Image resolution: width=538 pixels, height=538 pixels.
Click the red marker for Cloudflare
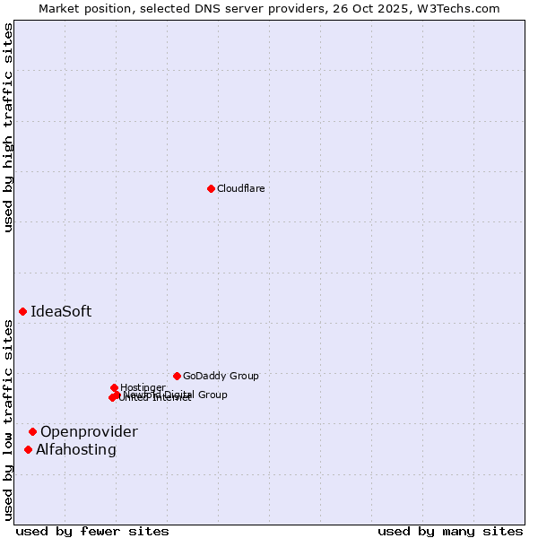coord(211,188)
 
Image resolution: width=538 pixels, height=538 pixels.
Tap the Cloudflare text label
coord(240,188)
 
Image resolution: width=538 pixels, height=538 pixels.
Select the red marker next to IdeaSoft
coord(22,311)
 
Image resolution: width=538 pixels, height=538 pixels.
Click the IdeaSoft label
coord(61,312)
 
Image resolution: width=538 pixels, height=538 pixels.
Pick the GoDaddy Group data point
coord(177,376)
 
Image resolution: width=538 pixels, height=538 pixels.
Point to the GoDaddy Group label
coord(221,376)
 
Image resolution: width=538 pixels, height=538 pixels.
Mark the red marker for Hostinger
coord(114,387)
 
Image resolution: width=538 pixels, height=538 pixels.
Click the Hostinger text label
coord(143,387)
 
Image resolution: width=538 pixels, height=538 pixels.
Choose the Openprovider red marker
coord(32,431)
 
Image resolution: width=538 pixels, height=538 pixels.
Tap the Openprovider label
coord(89,432)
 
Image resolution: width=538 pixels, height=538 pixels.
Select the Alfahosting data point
coord(28,449)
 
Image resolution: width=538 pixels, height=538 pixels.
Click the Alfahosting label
coord(76,450)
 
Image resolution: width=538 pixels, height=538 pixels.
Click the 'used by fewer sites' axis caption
coord(92,531)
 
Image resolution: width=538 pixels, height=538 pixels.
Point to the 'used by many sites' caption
coord(450,531)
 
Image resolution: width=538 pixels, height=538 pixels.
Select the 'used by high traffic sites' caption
coord(9,127)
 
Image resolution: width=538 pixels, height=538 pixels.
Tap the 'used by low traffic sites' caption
coord(9,420)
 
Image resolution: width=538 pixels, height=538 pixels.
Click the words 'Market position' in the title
coord(80,8)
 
